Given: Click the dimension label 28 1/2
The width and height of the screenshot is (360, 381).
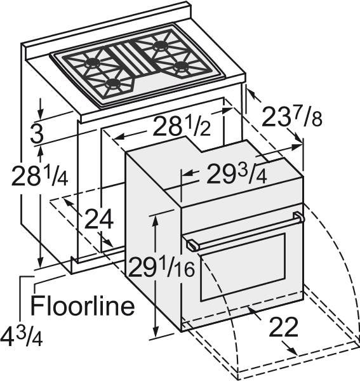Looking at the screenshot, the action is click(182, 126).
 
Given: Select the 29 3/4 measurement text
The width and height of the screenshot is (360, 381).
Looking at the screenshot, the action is click(237, 174).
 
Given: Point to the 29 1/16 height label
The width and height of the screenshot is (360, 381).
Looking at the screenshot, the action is click(161, 268).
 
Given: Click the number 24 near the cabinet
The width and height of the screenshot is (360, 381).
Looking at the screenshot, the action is click(99, 219).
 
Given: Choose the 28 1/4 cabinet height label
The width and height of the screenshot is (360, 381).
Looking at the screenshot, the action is click(39, 175).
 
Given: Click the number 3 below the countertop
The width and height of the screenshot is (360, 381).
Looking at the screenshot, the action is click(37, 133).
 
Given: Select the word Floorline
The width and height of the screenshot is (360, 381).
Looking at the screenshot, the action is click(83, 305).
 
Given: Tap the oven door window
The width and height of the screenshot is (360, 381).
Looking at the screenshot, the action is click(243, 267).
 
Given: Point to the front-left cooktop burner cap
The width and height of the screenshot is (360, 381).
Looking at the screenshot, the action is click(114, 84).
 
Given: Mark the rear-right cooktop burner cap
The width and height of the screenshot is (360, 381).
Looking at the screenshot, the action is click(161, 45).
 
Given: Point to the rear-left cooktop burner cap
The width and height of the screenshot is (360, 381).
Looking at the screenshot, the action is click(92, 63).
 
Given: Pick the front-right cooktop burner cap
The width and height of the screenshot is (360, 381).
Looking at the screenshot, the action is click(182, 66).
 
